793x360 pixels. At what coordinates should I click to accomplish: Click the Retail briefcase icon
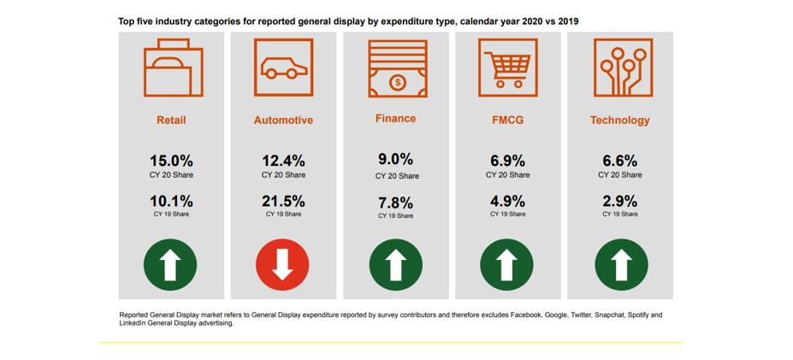171,71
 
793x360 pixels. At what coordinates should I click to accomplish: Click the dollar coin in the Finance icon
397,83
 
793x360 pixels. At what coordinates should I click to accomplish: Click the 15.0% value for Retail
171,160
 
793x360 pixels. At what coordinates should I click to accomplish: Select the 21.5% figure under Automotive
282,202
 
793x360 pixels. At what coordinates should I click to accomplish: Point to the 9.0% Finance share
396,159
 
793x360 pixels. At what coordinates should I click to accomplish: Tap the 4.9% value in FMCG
507,202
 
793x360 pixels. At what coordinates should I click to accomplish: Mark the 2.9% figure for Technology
619,202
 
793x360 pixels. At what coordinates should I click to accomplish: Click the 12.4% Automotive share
282,160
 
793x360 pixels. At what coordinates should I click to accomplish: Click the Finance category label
395,119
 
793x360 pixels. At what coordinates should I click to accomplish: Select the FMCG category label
507,121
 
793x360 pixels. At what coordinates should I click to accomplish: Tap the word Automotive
283,121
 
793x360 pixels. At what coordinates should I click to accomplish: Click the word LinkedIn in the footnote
133,323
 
